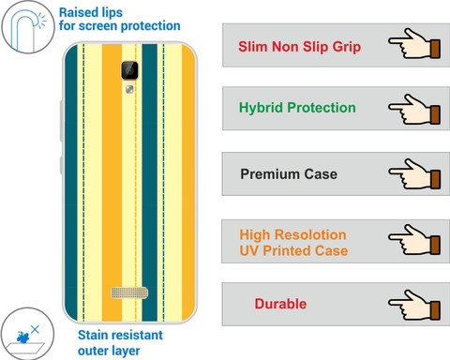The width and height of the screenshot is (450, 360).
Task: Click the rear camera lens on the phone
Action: tap(129, 70)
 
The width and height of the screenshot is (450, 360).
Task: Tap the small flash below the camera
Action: tap(129, 90)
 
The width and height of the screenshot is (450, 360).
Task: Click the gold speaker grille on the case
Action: tap(129, 292)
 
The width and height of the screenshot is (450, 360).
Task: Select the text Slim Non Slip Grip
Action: tap(299, 47)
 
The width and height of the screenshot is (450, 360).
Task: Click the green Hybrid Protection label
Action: tap(297, 108)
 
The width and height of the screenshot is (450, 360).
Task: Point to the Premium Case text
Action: tap(289, 174)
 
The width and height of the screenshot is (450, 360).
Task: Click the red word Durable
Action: tap(280, 304)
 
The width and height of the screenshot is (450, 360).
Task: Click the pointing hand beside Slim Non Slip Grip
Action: tap(414, 44)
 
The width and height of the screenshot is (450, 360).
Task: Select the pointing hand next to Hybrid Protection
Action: tap(414, 110)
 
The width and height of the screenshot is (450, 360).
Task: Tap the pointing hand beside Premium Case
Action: tap(414, 173)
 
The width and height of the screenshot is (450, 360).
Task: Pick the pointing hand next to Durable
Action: tap(414, 305)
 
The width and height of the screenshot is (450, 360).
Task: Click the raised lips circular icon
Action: tap(28, 27)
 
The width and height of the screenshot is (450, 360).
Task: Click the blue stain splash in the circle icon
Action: tap(22, 337)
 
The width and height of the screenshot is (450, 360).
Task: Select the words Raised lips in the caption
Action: tap(91, 13)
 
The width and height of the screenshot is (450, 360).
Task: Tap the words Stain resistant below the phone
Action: tap(120, 335)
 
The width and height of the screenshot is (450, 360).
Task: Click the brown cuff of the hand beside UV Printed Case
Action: tap(435, 245)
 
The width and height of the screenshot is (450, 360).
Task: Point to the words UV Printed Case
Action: tap(293, 250)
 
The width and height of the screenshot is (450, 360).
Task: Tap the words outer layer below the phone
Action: tap(109, 351)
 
